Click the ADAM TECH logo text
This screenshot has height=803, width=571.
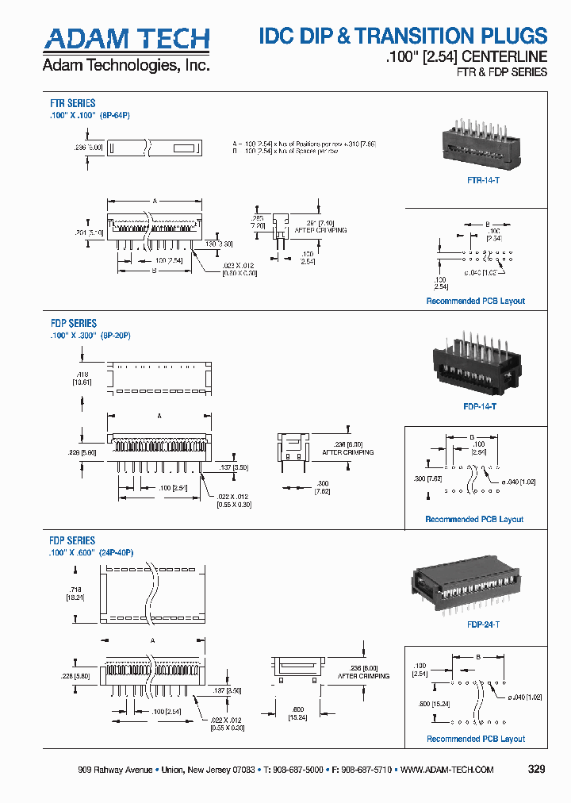(x=126, y=39)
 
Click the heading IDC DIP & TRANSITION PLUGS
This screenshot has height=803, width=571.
(x=403, y=36)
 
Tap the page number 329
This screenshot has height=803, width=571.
(x=536, y=770)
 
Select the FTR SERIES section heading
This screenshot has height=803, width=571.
(x=73, y=104)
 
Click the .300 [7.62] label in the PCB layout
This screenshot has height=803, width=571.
(x=423, y=478)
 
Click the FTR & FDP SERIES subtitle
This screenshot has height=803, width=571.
(x=501, y=72)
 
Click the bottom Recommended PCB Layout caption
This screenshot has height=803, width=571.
(x=476, y=739)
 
